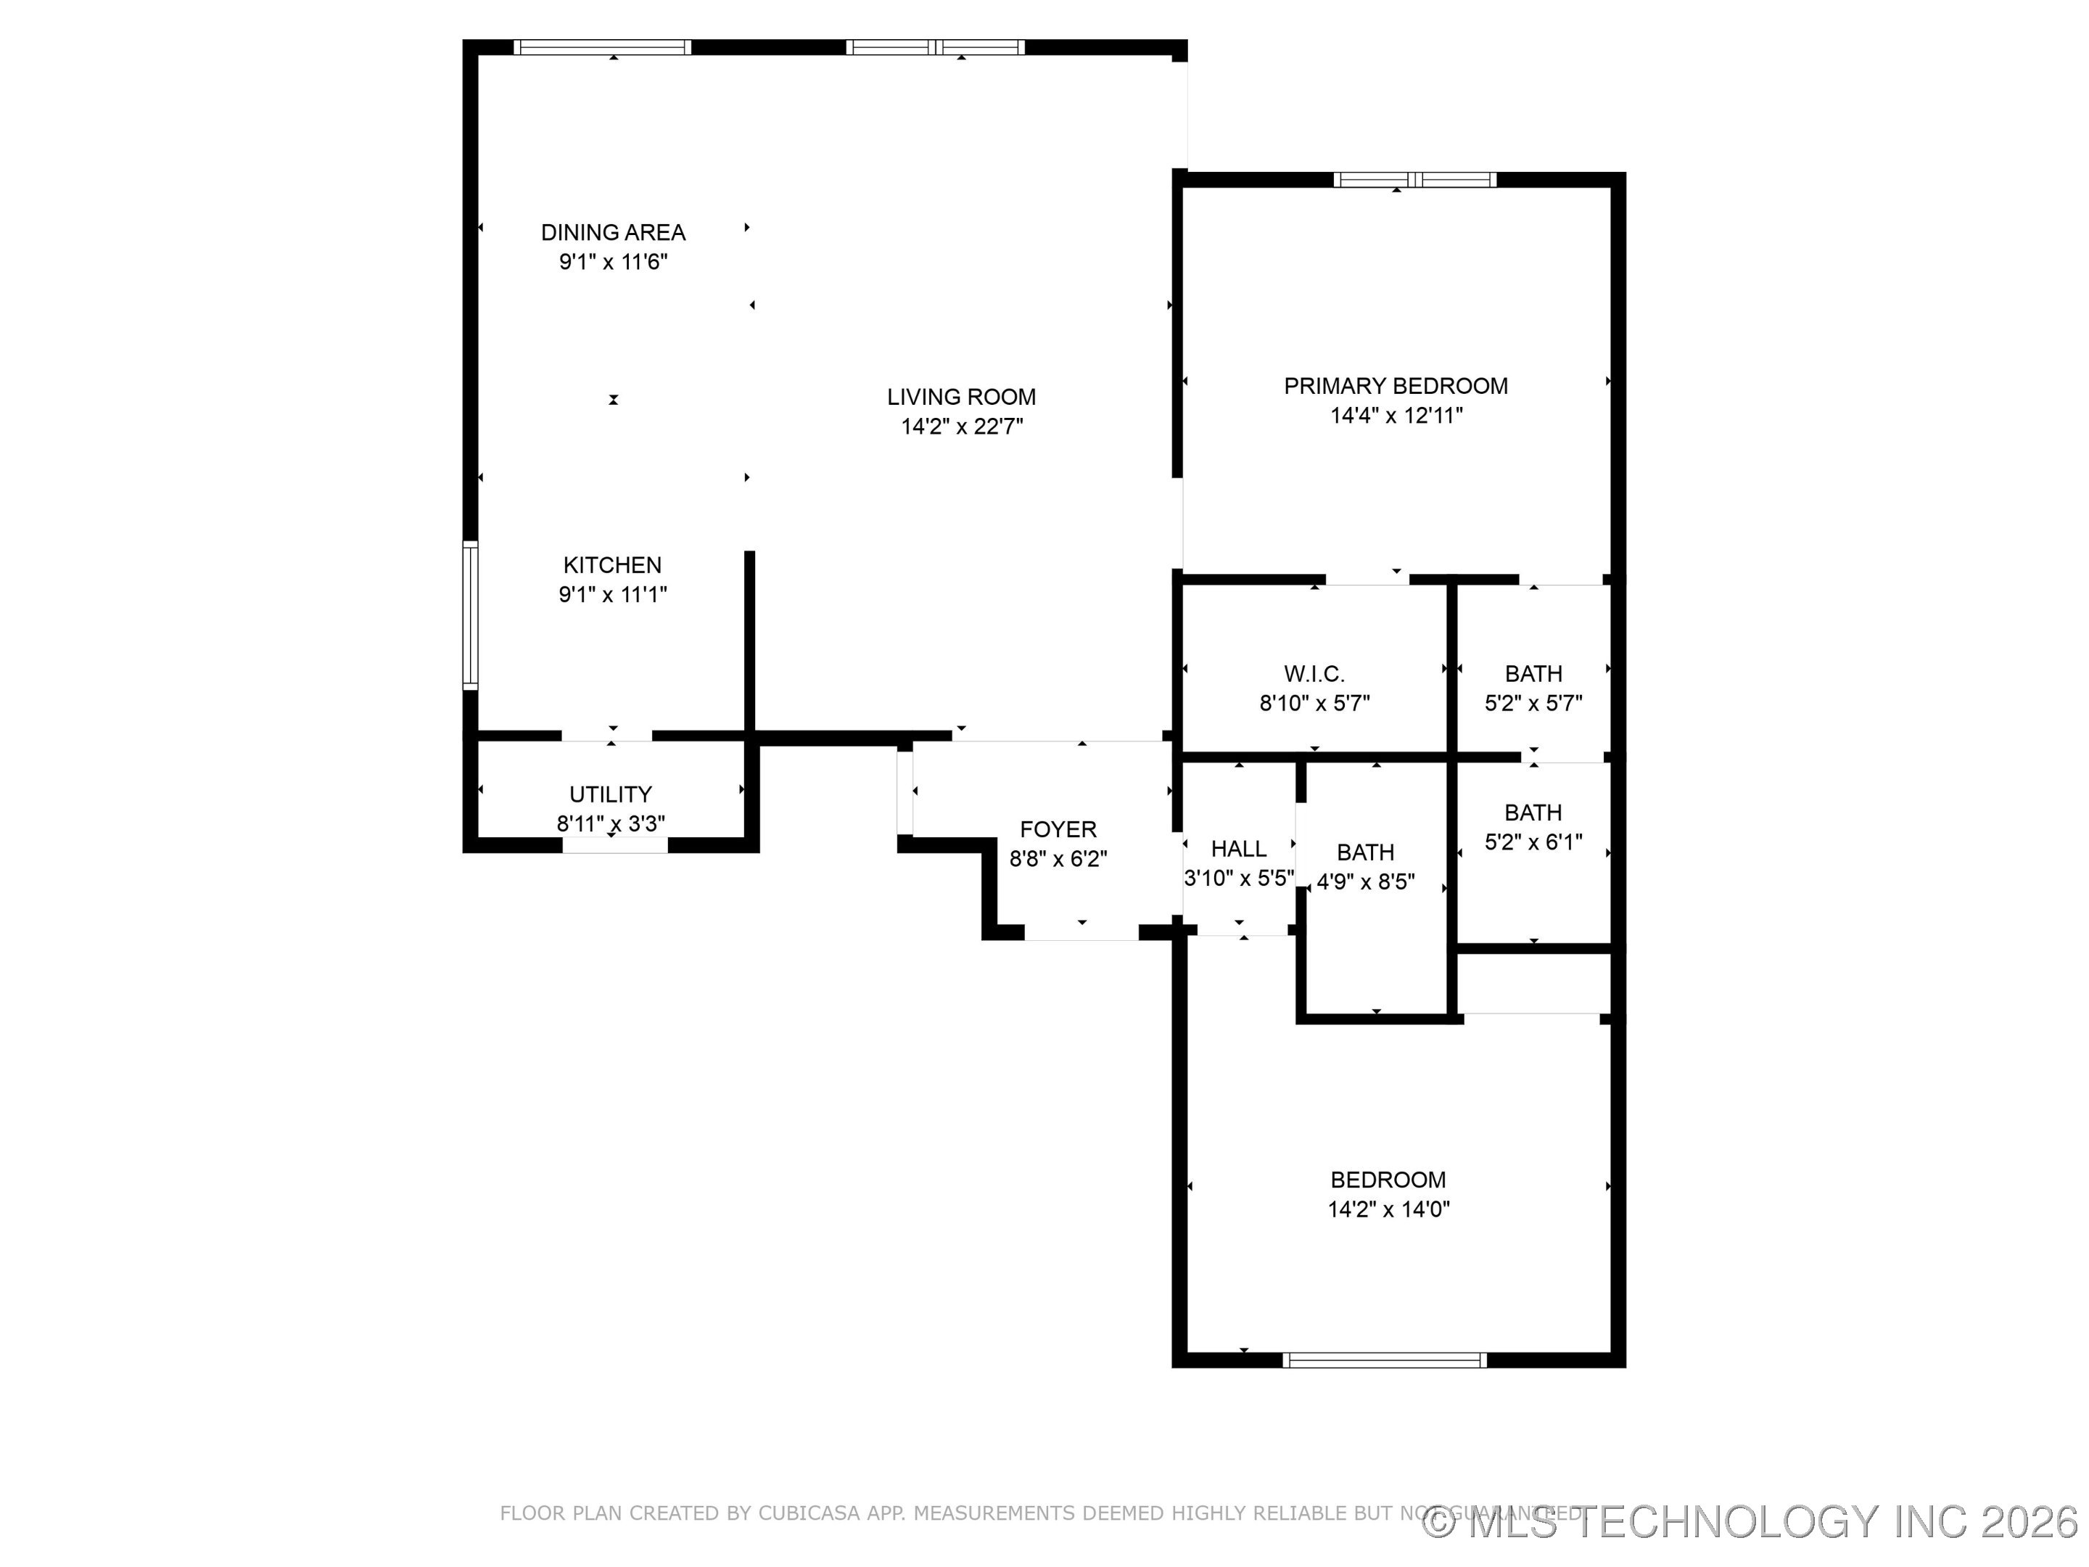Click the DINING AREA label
pos(613,232)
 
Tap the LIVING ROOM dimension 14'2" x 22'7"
pos(961,427)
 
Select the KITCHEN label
pos(612,565)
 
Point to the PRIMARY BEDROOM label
pos(1395,385)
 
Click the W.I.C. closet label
pos(1314,673)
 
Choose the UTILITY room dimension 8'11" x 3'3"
pos(610,823)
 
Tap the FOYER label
pos(1058,829)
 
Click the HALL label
pos(1238,848)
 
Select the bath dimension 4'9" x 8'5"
pos(1366,882)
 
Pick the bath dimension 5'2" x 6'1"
pos(1533,842)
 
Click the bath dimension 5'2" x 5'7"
pos(1533,703)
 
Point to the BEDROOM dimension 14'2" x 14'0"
pos(1388,1209)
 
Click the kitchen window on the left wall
pos(469,615)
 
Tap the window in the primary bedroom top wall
pos(1414,179)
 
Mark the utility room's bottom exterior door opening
pos(615,845)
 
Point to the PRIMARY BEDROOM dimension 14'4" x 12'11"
pos(1396,416)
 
